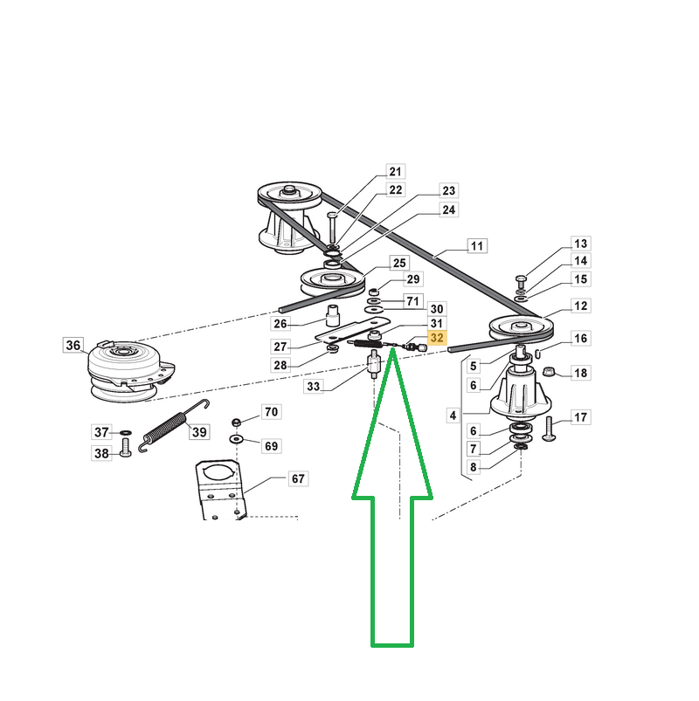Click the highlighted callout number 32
point(437,338)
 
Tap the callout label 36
point(73,345)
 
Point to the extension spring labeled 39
point(173,425)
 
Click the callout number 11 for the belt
point(477,246)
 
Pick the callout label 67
point(298,478)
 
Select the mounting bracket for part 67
point(220,491)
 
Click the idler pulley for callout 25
point(332,283)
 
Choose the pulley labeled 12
point(522,328)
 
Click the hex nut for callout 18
point(548,372)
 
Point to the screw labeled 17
point(549,429)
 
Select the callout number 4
point(453,416)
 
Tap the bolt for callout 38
point(125,448)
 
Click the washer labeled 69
point(236,439)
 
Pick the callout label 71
point(412,301)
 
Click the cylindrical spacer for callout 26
point(333,315)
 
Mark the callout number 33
point(314,386)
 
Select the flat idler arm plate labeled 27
point(353,329)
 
